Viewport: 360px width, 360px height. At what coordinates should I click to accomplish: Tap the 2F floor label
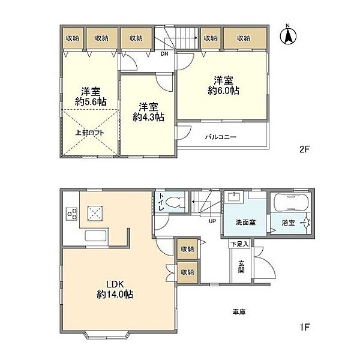coord(305,149)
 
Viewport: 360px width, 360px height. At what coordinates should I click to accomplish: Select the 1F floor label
coord(305,327)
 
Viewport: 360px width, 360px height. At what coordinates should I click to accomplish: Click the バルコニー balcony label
coord(221,137)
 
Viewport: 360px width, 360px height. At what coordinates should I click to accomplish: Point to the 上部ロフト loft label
coord(90,133)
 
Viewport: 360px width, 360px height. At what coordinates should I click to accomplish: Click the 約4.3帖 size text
coord(148,118)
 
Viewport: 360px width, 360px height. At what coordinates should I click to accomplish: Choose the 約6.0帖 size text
coord(223,91)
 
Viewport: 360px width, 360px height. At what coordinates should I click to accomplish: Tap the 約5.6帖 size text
coord(91,102)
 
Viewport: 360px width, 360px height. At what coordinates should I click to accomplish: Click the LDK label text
coord(115,284)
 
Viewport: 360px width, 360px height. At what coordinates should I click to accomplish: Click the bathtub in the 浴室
coord(290,203)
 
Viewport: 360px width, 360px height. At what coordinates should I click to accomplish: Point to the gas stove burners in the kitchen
coord(71,214)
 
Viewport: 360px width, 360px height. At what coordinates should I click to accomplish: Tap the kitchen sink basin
coord(95,236)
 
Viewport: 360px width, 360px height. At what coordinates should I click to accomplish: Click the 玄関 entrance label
coord(241,266)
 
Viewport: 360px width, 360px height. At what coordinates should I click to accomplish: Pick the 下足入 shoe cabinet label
coord(239,244)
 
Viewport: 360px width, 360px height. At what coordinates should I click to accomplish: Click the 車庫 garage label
coord(239,312)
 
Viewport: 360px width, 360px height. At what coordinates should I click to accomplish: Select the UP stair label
coord(212,221)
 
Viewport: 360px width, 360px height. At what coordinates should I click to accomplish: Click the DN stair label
coord(164,54)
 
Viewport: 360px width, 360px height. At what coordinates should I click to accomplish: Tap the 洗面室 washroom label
coord(245,222)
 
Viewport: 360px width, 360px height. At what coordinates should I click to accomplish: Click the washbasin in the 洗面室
coord(234,197)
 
